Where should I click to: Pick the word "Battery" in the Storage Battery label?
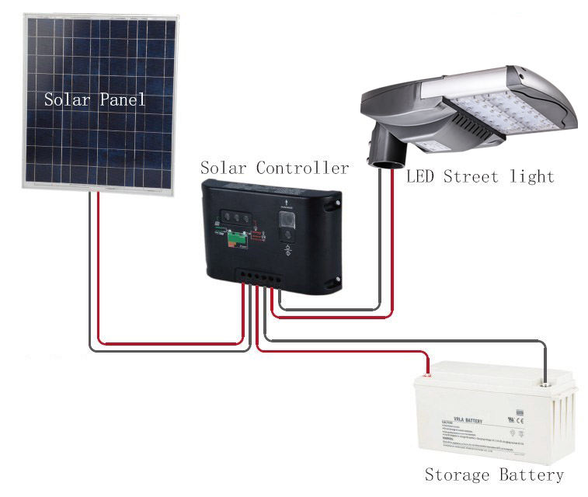[531, 474]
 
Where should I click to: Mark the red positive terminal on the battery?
[425, 374]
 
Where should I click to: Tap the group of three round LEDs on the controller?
[235, 218]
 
